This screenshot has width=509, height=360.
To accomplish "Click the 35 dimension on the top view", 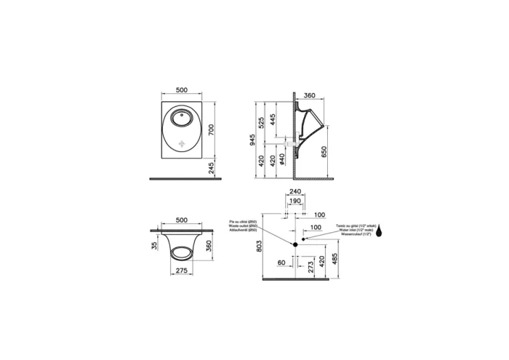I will pyautogui.click(x=153, y=246).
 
